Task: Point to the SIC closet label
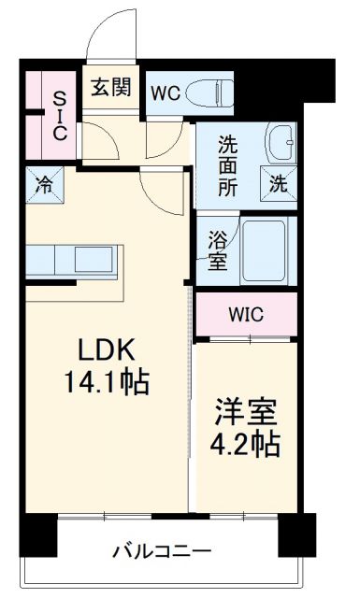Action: click(59, 114)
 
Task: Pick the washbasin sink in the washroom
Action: click(280, 140)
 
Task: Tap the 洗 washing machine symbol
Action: click(280, 184)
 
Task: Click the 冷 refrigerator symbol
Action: click(43, 182)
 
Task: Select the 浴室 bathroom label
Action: click(216, 249)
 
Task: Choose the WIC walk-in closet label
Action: click(245, 313)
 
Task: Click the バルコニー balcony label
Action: click(162, 550)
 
